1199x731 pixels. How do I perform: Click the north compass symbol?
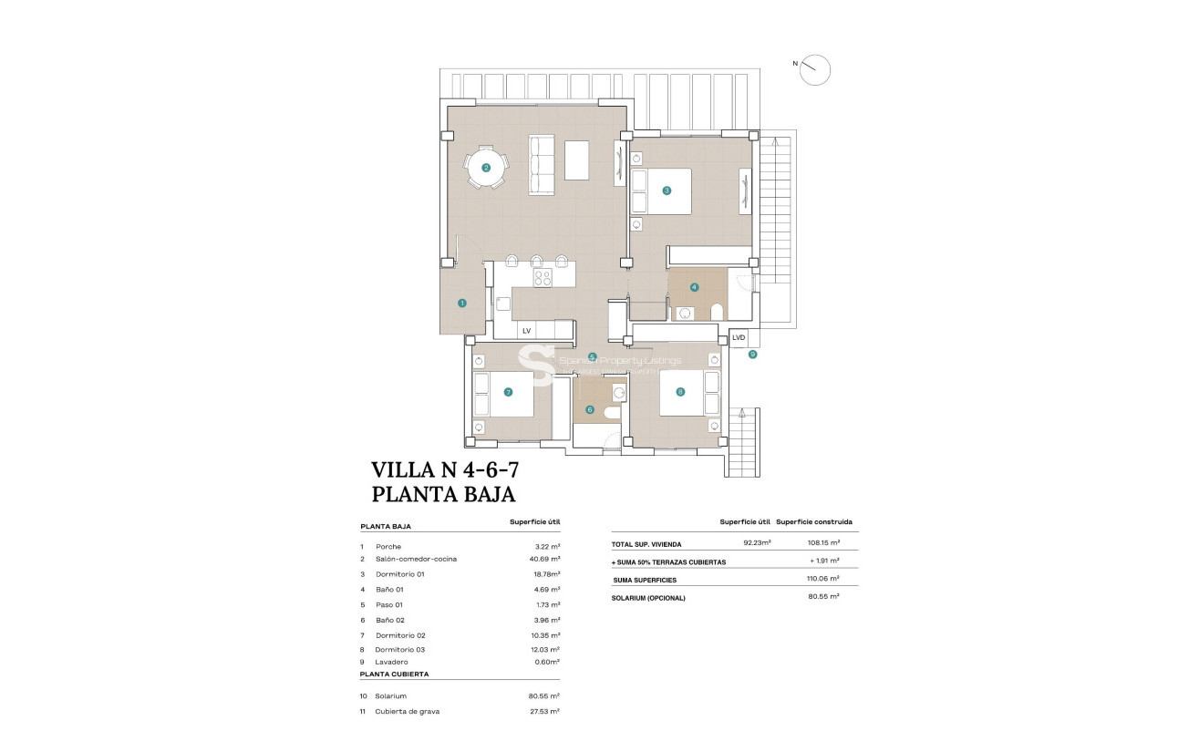815,69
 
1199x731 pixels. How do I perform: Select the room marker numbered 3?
667,190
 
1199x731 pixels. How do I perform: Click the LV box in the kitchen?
526,330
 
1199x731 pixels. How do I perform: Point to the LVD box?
739,338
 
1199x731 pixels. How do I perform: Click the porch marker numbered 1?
462,303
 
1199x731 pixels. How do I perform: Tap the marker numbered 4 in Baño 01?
695,287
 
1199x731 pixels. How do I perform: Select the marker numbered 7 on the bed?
508,393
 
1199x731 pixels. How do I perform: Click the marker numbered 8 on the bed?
680,392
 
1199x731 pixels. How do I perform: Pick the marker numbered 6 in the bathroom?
590,410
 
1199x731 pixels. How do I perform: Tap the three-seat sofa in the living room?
543,165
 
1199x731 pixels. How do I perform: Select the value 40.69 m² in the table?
547,559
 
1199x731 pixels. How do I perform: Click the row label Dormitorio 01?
400,574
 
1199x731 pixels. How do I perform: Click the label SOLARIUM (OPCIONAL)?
648,598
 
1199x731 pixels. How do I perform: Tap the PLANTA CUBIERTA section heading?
394,674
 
